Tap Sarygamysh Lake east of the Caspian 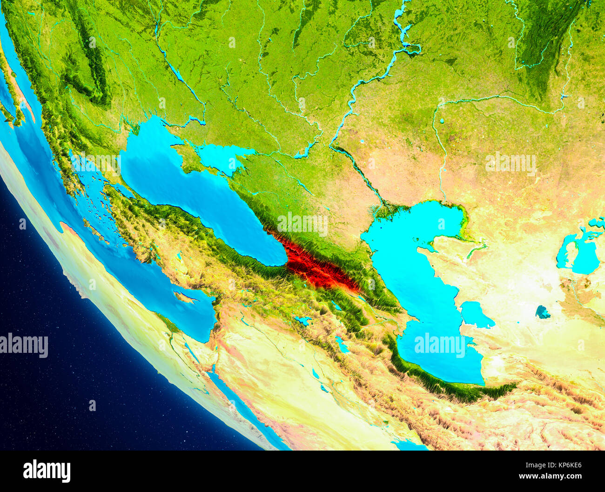[543, 312]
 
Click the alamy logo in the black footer [47, 471]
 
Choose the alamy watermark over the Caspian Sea [439, 345]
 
